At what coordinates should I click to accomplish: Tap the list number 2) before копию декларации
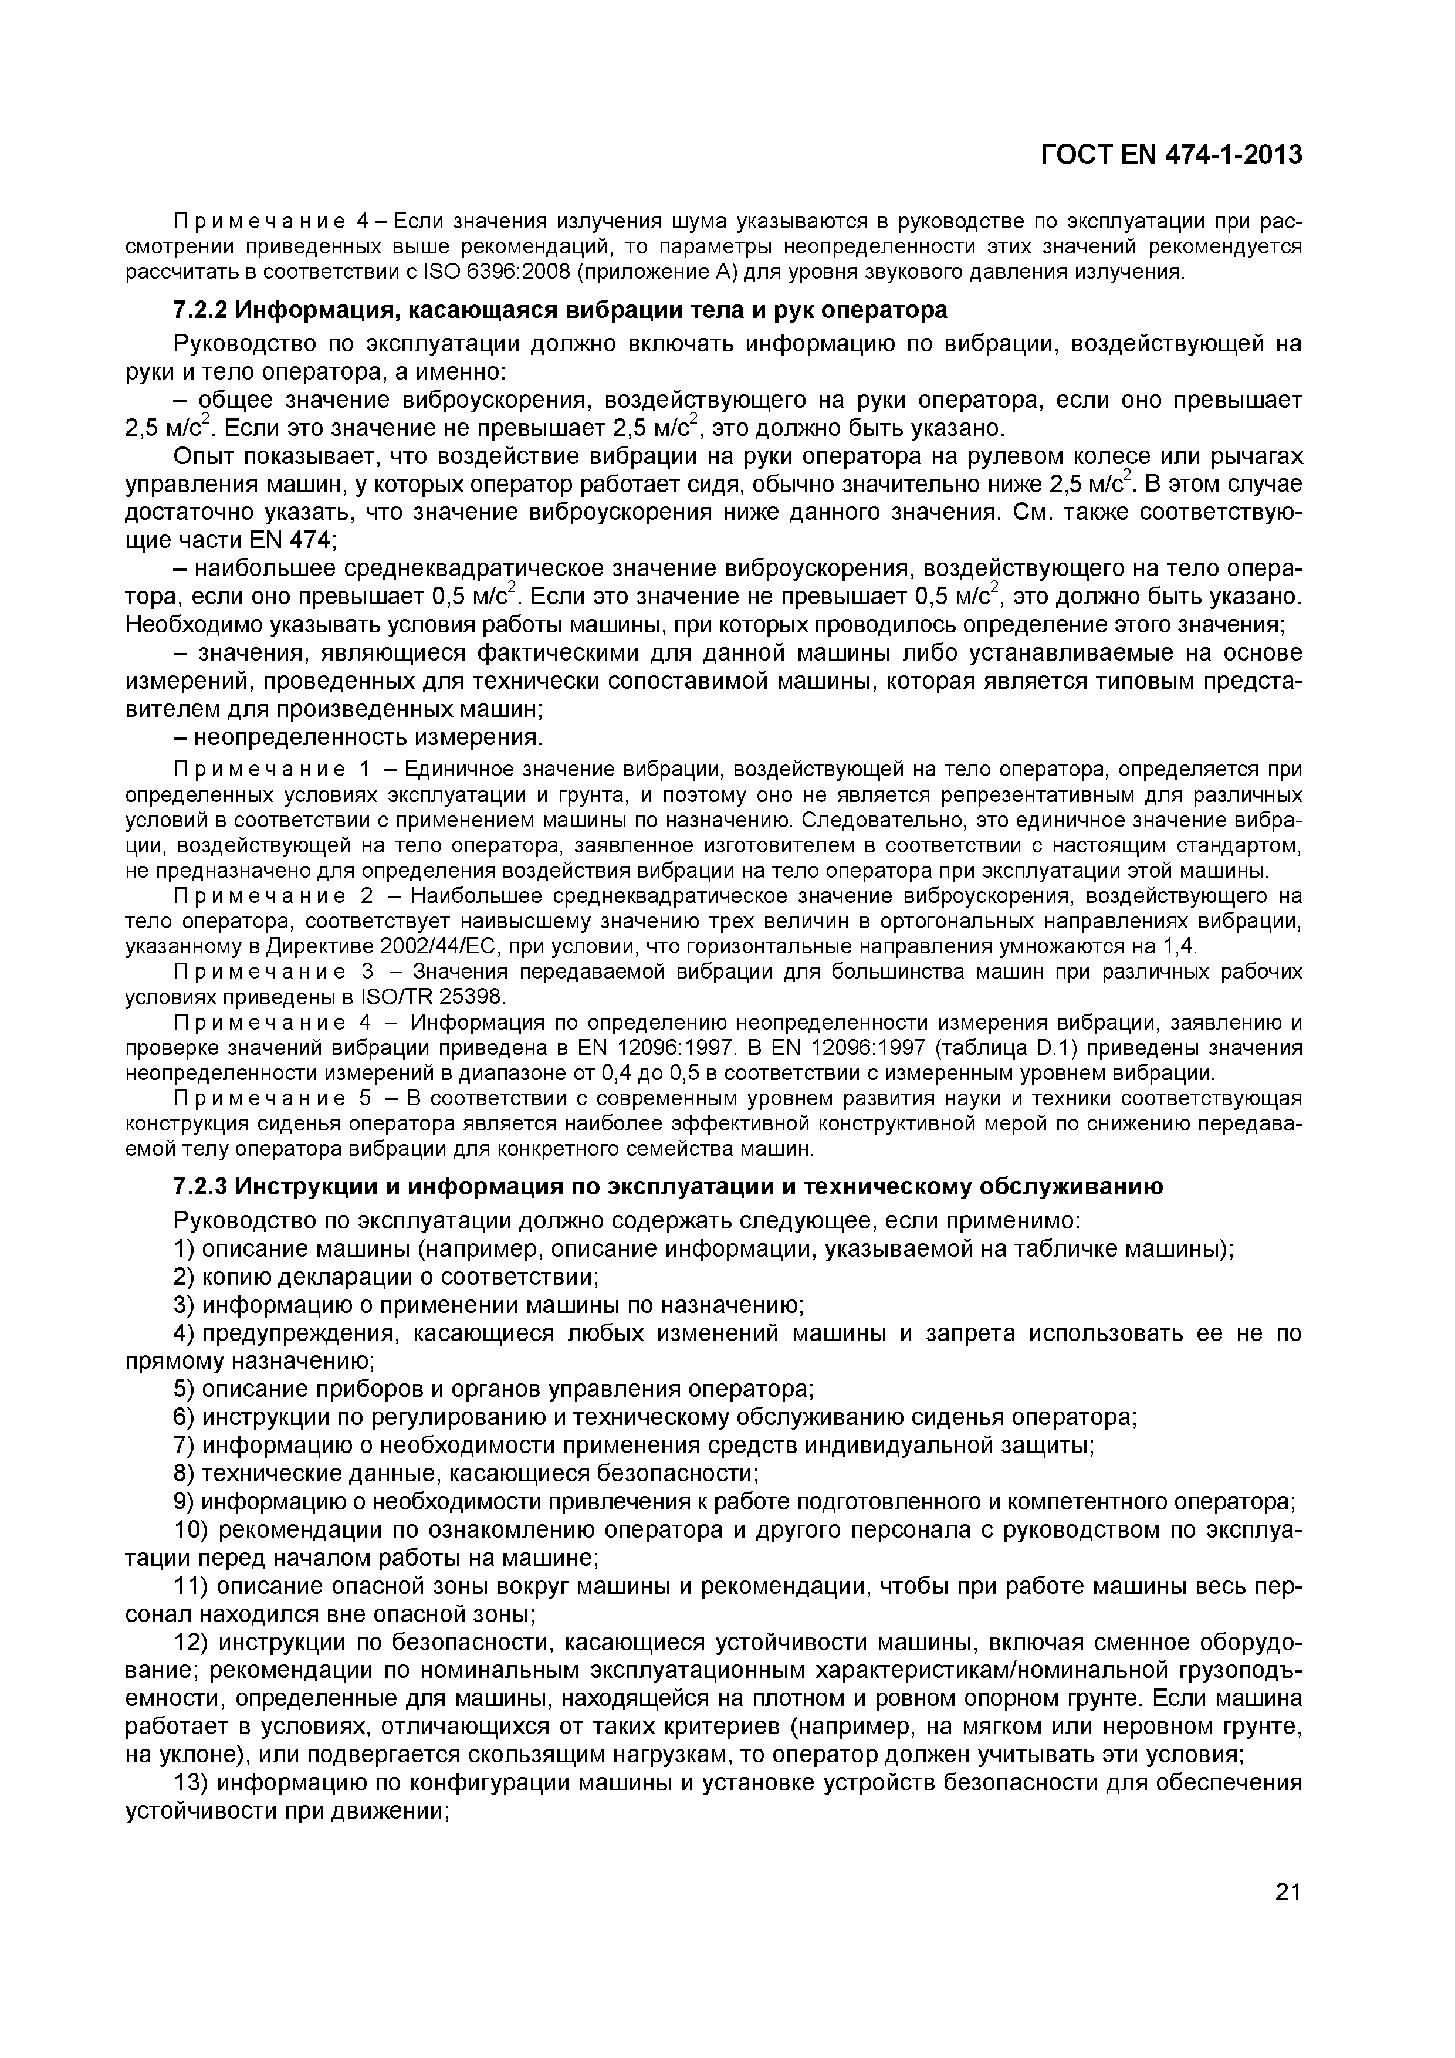(x=184, y=1277)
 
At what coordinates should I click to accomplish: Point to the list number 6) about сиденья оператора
(x=184, y=1417)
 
